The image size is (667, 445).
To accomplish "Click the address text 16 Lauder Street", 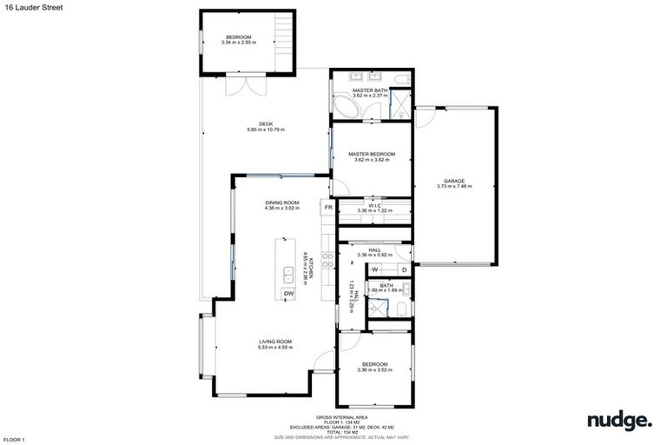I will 28,7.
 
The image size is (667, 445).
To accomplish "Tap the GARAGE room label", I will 454,180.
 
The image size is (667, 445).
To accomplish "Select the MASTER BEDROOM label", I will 374,154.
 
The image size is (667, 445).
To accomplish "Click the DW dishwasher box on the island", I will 288,294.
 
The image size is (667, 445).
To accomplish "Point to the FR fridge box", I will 328,208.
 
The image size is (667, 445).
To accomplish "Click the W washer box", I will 374,269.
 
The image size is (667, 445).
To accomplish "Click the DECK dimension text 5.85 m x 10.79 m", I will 266,130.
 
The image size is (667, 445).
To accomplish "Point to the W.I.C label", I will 374,204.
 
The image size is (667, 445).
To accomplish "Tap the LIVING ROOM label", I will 274,341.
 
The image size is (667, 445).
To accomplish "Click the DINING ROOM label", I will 282,203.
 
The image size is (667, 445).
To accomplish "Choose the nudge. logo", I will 618,422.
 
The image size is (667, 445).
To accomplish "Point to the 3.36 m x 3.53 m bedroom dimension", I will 374,370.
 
